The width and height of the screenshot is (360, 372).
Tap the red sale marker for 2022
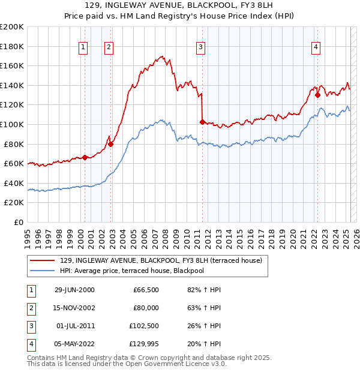point(317,95)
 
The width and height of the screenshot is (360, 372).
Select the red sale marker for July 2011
point(202,122)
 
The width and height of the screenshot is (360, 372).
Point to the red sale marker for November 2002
point(111,144)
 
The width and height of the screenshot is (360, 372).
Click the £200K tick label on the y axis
point(12,27)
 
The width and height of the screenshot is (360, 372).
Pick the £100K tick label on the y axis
point(12,124)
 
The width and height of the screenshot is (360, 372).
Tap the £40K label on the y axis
point(14,183)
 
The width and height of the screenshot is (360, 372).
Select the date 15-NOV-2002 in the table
point(74,308)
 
